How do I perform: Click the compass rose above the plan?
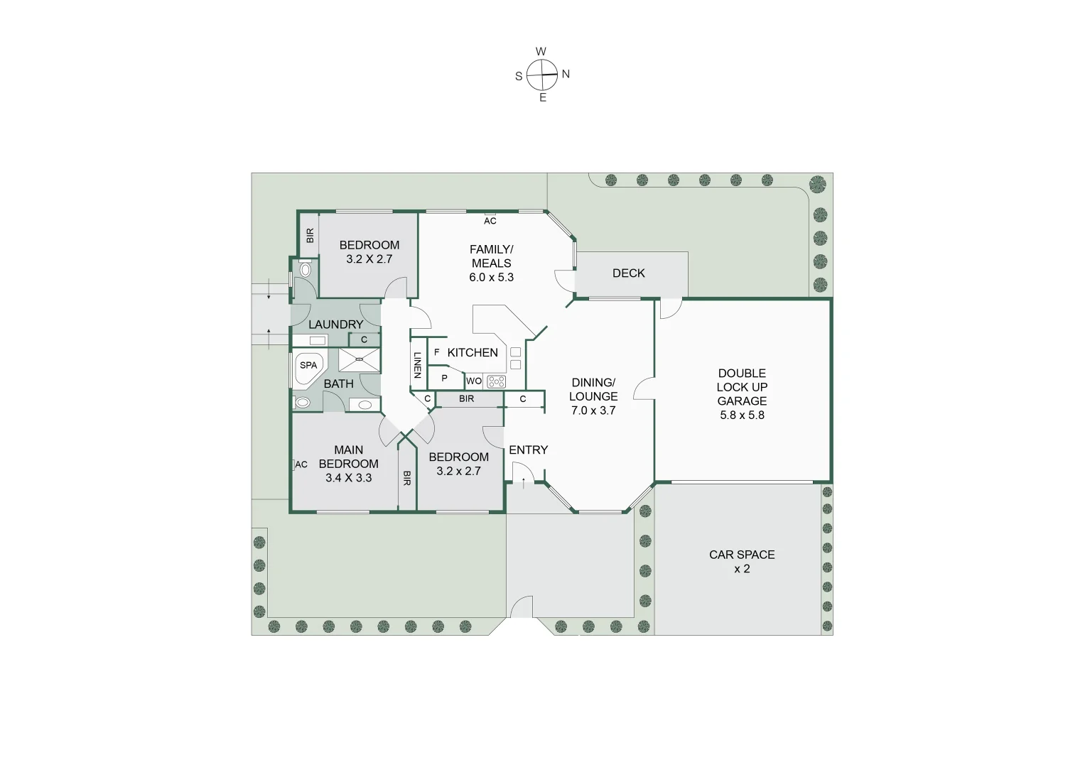(543, 75)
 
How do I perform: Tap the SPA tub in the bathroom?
(308, 366)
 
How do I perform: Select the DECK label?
(628, 273)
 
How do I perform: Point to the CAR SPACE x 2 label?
(742, 562)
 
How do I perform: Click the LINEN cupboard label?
(418, 366)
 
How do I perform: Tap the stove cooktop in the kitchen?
(496, 381)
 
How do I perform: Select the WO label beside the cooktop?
(474, 381)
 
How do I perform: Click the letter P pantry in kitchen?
(445, 379)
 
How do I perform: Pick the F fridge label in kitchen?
(436, 352)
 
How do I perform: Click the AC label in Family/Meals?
(490, 221)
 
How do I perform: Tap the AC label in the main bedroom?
(301, 464)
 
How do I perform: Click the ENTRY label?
(528, 450)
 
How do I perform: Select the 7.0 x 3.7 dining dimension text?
(593, 410)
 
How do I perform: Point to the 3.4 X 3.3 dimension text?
(348, 478)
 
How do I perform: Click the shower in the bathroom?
(359, 360)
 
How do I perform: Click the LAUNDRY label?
(335, 325)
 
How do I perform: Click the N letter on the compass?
(566, 74)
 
